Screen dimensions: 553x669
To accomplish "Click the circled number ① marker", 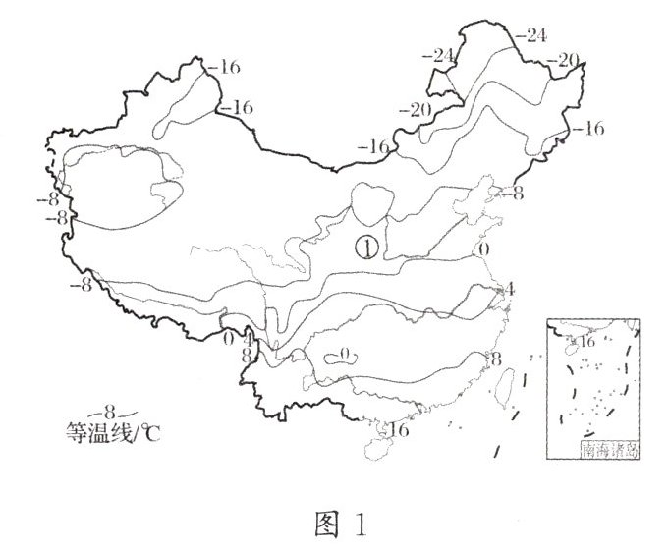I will click(365, 248).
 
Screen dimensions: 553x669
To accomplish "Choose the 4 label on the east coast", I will click(507, 291).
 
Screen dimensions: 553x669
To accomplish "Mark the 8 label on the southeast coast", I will click(496, 359).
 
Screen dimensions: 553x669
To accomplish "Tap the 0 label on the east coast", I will click(481, 249).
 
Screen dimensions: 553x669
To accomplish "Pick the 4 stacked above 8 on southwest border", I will click(247, 340).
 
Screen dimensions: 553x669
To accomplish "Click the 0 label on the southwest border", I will click(228, 338).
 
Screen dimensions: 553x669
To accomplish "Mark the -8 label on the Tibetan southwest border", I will click(80, 286).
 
